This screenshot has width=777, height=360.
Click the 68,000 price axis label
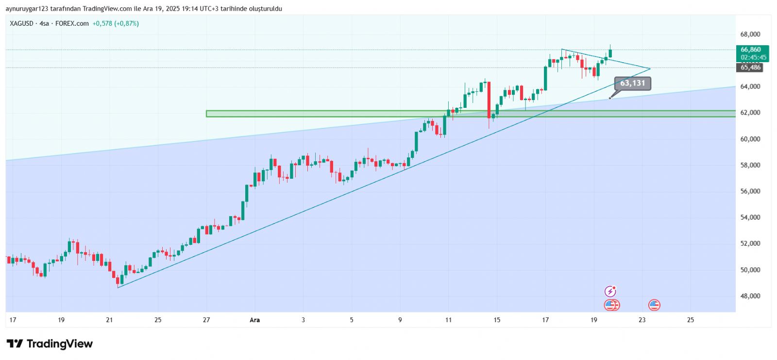750,34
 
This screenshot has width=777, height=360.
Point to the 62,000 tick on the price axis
750,113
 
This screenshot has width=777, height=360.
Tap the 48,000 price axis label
750,296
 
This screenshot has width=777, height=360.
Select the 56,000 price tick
750,191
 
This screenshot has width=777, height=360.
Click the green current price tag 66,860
751,50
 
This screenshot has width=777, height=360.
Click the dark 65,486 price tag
751,68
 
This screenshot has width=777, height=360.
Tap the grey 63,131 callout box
632,83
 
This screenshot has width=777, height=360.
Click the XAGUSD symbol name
22,23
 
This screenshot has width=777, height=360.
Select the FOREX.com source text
72,23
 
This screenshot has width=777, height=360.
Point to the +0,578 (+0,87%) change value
116,23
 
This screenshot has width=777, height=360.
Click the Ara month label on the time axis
254,320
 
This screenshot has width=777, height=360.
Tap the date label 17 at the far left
13,320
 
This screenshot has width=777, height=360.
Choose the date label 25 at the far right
690,320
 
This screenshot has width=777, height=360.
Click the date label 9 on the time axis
400,320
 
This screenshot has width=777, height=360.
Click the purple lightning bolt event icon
610,291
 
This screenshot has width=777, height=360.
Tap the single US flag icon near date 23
654,305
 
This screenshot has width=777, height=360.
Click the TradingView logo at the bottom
50,344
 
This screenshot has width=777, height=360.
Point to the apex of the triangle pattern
650,69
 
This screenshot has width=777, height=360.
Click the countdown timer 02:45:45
754,57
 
